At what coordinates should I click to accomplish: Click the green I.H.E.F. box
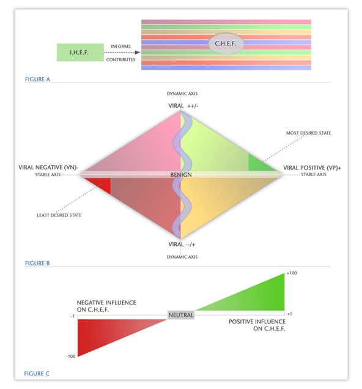(x=80, y=53)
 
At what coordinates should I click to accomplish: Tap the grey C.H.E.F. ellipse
(x=226, y=43)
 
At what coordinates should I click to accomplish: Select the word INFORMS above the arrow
(x=120, y=46)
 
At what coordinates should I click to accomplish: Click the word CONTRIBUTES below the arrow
(x=120, y=59)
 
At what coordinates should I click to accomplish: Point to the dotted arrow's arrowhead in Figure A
(x=138, y=53)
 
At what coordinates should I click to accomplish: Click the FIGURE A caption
(x=37, y=79)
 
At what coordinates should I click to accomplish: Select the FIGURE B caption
(x=37, y=263)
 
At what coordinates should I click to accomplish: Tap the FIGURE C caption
(x=37, y=373)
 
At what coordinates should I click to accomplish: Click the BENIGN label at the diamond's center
(x=181, y=175)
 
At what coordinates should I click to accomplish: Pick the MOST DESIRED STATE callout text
(x=308, y=133)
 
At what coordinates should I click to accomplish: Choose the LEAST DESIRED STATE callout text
(x=59, y=215)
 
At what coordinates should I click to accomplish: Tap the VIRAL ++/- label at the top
(x=183, y=106)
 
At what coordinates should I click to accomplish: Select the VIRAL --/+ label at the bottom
(x=182, y=245)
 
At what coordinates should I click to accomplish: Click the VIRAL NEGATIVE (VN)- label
(x=48, y=168)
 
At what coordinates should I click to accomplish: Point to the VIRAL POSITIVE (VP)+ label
(x=312, y=168)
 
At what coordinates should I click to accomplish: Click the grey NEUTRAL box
(x=181, y=315)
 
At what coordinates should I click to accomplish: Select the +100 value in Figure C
(x=292, y=273)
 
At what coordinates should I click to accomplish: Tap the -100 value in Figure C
(x=71, y=356)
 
